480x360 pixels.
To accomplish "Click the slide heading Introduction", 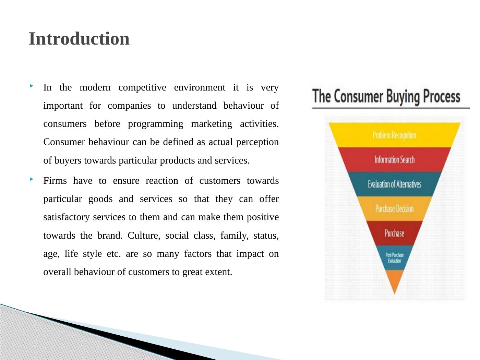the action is pos(79,39).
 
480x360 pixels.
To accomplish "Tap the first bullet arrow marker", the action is pos(32,86).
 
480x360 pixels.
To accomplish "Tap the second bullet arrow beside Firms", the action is pos(32,179).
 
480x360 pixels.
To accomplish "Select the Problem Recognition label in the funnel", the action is pos(394,135).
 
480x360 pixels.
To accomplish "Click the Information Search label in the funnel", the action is pos(395,160).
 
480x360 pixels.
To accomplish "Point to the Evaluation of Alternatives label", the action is pos(395,184).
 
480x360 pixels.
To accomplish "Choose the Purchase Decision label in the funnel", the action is pos(395,209).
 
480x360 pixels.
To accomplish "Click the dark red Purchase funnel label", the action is pos(395,233).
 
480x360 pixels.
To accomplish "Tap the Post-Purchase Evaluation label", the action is pos(395,258).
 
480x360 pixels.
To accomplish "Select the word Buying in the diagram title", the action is pos(403,97).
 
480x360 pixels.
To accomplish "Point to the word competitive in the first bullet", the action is pos(142,88).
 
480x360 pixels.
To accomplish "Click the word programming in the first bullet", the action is pos(155,124).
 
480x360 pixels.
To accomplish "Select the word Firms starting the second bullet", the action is pos(55,181).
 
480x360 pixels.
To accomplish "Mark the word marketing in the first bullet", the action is pos(212,124).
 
